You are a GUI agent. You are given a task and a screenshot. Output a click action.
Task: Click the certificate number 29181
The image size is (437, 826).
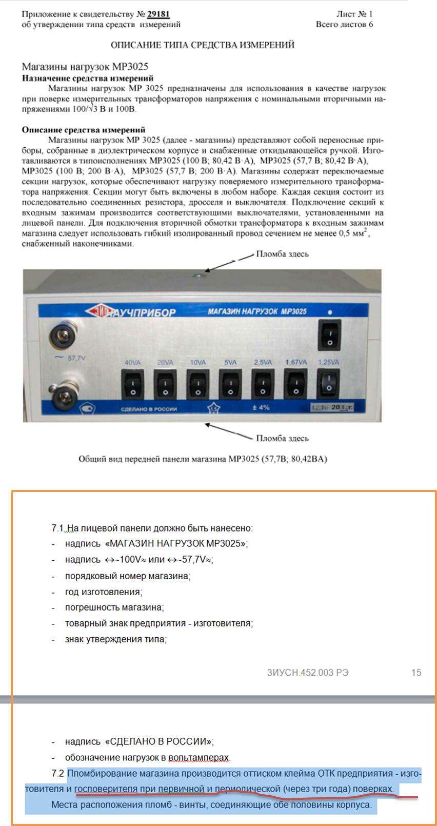[158, 14]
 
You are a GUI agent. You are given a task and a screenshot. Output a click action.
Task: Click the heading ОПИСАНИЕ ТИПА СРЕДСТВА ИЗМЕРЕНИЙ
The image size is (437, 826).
[203, 45]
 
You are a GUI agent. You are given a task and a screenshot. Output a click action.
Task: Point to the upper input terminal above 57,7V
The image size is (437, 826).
[63, 337]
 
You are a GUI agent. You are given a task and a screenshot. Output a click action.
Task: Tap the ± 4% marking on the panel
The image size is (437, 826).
[261, 408]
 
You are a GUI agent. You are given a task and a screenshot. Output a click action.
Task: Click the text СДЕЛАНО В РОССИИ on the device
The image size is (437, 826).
[149, 409]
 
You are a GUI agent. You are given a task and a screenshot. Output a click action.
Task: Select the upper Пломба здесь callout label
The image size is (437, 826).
[282, 254]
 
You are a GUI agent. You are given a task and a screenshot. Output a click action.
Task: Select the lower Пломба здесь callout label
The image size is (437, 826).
[282, 438]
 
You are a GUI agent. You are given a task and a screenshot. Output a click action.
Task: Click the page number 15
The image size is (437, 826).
[416, 673]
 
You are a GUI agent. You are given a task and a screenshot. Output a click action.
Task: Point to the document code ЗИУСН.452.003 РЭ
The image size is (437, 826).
[308, 673]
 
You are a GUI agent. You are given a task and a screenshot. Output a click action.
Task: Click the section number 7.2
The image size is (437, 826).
[58, 773]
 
